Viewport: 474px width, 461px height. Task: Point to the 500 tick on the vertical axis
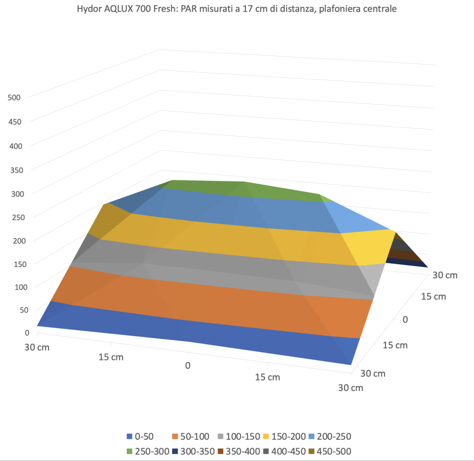(13, 97)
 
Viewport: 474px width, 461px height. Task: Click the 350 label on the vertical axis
(13, 169)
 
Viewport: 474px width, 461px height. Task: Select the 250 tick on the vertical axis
(13, 217)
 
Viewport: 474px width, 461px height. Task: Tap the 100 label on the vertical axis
(13, 287)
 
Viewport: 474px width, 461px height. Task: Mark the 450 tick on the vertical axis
(13, 121)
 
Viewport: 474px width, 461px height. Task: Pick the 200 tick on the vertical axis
(13, 240)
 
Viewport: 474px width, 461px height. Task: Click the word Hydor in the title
(89, 8)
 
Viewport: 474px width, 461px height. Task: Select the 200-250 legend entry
(336, 436)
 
